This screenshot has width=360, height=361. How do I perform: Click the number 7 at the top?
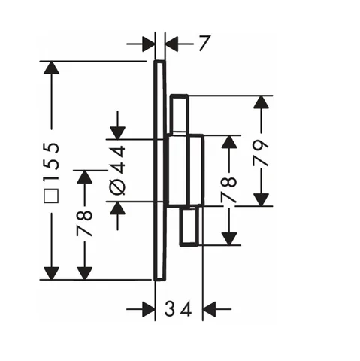(x=204, y=44)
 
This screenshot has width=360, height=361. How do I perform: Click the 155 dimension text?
(x=51, y=162)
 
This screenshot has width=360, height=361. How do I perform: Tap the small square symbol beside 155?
(x=51, y=196)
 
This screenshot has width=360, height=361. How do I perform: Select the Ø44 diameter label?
(x=117, y=170)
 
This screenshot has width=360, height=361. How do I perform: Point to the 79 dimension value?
(x=261, y=153)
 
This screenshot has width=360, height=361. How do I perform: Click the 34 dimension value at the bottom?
(x=178, y=309)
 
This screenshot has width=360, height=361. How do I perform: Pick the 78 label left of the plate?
(x=84, y=223)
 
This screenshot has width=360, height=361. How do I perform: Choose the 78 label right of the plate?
(x=228, y=190)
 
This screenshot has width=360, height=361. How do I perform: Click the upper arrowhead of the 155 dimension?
(x=51, y=68)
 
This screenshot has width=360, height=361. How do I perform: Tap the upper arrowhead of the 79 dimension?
(x=261, y=102)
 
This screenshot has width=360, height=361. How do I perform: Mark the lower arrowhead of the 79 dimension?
(x=261, y=199)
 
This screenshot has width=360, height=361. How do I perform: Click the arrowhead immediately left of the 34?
(x=148, y=309)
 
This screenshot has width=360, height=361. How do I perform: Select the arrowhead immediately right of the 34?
(x=210, y=309)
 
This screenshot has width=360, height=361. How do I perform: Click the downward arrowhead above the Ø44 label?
(x=117, y=133)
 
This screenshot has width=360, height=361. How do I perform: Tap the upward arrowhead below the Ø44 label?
(x=117, y=208)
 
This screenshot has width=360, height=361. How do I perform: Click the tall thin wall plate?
(x=159, y=171)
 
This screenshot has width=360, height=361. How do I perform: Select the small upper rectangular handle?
(x=179, y=114)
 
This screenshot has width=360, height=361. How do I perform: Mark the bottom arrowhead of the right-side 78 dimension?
(x=229, y=238)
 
